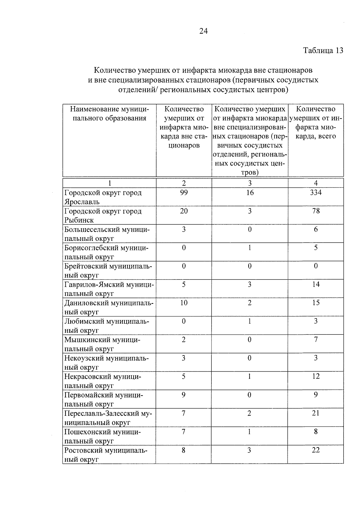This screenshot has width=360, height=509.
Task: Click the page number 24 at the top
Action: [203, 31]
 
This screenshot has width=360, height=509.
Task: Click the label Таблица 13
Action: [323, 50]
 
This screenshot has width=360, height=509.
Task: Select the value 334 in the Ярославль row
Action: [316, 193]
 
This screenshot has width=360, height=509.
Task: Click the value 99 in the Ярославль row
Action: [184, 193]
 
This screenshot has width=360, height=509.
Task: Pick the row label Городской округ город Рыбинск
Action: [103, 215]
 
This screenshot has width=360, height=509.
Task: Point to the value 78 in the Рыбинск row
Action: [316, 211]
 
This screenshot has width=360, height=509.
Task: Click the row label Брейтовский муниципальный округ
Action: [108, 271]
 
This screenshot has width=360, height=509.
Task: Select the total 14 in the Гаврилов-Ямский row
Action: [316, 284]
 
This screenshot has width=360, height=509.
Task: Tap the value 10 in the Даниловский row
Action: [184, 303]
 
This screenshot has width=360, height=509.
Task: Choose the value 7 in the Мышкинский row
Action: [316, 340]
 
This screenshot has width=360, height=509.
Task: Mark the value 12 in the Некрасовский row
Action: [316, 376]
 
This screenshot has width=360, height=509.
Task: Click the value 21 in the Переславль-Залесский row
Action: [316, 413]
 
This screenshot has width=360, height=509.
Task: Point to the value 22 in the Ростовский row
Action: [316, 450]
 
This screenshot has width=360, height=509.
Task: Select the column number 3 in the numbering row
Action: [250, 183]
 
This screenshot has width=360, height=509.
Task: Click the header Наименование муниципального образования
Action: [109, 114]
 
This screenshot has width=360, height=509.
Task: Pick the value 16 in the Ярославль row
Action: [250, 193]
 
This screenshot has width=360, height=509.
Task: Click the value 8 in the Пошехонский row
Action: [316, 432]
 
